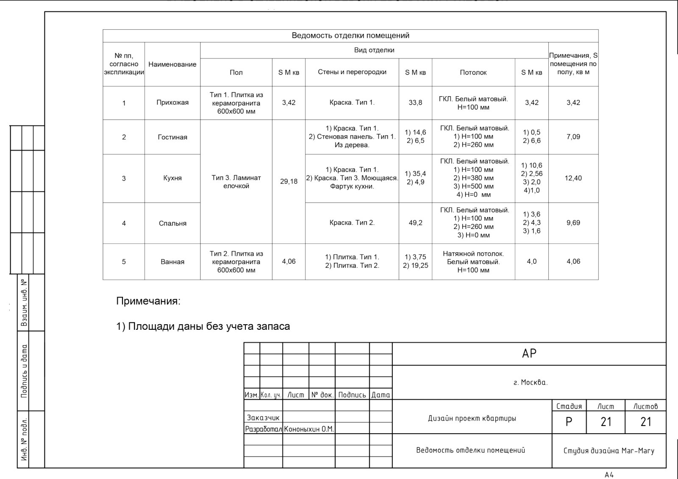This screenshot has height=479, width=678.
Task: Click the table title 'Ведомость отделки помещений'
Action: [350, 36]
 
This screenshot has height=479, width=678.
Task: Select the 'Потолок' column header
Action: [473, 72]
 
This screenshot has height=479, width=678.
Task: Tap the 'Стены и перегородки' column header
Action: [352, 72]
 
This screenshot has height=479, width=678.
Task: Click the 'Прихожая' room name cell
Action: [172, 103]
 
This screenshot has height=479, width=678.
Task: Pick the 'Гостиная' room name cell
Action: [172, 137]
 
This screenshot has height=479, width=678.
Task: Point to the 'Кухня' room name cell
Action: [172, 178]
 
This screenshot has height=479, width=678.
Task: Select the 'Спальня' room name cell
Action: [172, 223]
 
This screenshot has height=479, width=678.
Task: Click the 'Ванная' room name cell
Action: [172, 262]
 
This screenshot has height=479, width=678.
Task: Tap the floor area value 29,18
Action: [289, 181]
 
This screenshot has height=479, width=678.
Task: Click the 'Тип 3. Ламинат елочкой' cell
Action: [236, 182]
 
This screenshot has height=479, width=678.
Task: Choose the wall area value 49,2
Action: [415, 223]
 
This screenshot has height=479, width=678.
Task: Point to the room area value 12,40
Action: [573, 178]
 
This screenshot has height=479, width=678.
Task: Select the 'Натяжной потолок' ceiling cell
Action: [473, 262]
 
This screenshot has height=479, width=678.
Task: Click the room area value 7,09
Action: [573, 137]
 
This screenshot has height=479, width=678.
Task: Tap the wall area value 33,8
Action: [415, 103]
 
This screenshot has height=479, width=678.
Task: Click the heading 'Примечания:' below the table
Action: [148, 301]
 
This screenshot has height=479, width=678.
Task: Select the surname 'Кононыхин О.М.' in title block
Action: [309, 429]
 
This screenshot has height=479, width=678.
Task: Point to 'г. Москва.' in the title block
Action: [530, 382]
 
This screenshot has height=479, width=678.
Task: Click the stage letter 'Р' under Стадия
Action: [569, 422]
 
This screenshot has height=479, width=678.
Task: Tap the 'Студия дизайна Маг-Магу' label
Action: [609, 451]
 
